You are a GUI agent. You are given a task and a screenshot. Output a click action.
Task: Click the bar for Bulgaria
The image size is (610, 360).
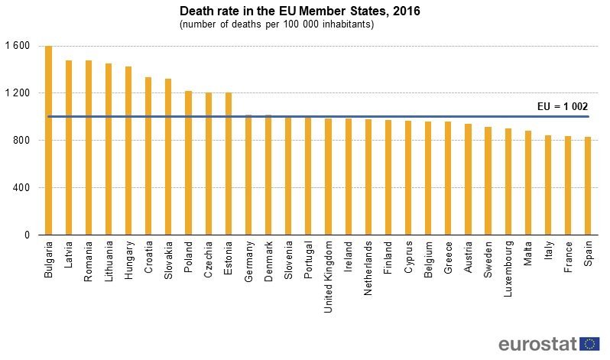(x=49, y=141)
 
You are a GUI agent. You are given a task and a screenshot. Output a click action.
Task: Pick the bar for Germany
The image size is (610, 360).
(x=248, y=175)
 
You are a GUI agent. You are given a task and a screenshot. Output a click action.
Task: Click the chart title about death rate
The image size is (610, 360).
(x=300, y=11)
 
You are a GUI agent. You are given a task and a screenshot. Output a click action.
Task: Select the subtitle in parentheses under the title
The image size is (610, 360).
(x=276, y=25)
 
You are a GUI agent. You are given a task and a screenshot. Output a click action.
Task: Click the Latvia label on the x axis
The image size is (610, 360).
(x=69, y=259)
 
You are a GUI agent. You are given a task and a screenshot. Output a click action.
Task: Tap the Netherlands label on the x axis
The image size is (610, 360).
(x=368, y=268)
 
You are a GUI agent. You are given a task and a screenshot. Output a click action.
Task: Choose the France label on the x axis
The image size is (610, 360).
(x=568, y=259)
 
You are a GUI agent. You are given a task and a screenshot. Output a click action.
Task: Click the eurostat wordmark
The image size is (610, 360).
(x=537, y=344)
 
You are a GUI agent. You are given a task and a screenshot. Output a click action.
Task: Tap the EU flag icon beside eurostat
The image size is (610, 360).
(x=589, y=344)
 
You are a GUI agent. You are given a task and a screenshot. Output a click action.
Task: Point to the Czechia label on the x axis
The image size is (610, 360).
(x=209, y=261)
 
